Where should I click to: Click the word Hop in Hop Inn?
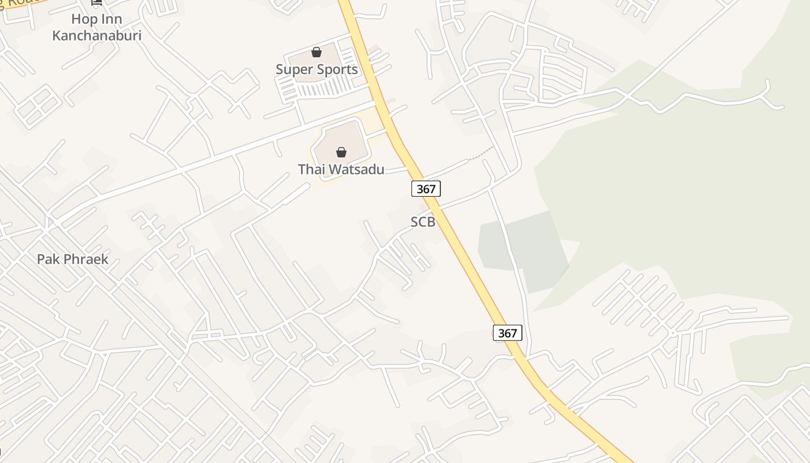pyautogui.click(x=83, y=19)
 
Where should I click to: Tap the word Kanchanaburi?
pyautogui.click(x=97, y=36)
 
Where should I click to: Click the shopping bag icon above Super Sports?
pyautogui.click(x=316, y=53)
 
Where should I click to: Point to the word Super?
pyautogui.click(x=293, y=70)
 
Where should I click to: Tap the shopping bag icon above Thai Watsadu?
pyautogui.click(x=341, y=152)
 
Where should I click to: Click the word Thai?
pyautogui.click(x=311, y=170)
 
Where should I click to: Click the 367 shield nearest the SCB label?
pyautogui.click(x=426, y=188)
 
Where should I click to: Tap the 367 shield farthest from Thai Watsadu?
pyautogui.click(x=507, y=333)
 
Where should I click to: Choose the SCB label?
pyautogui.click(x=422, y=222)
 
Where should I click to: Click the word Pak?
pyautogui.click(x=49, y=259)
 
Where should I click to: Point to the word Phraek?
pyautogui.click(x=86, y=259)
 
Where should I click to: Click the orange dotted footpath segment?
pyautogui.click(x=481, y=154)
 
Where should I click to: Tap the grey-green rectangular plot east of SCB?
pyautogui.click(x=524, y=249)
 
